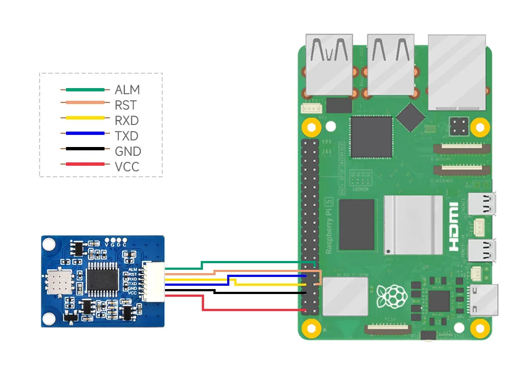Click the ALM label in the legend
127,90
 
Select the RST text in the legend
126,105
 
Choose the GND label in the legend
128,151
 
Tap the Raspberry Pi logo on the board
392,295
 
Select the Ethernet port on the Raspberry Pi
457,72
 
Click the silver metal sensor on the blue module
57,282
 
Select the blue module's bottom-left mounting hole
50,318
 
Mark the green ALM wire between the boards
253,262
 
